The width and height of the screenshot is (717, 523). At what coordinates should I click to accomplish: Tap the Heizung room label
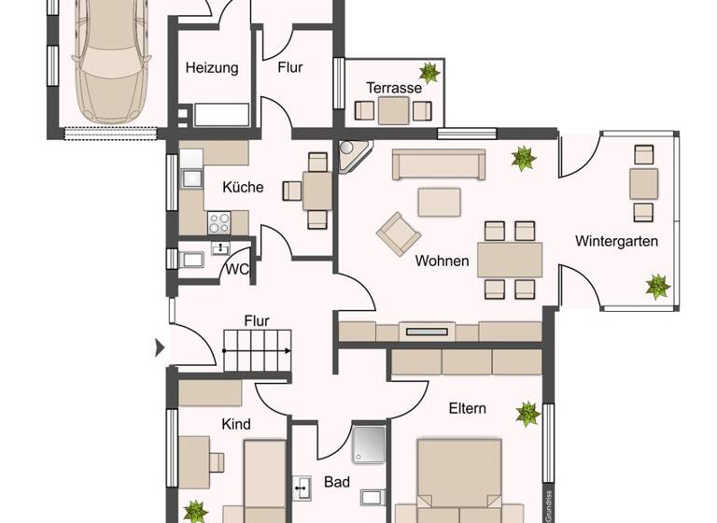(212, 67)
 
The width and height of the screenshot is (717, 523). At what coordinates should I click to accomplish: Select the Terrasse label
(393, 88)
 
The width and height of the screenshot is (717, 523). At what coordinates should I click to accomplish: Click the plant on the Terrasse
(429, 73)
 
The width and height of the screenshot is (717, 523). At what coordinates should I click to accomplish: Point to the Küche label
(243, 187)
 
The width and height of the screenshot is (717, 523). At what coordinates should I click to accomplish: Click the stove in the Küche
(219, 222)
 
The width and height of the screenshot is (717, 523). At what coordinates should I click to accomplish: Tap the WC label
(237, 270)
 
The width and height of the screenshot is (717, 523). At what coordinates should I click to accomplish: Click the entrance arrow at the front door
(160, 348)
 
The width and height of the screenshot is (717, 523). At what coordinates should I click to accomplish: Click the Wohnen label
(443, 261)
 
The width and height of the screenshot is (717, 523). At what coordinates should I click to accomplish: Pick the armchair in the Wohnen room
(398, 231)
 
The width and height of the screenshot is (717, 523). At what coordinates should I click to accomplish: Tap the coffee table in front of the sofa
(439, 202)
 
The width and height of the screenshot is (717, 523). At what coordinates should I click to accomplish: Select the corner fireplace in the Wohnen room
(354, 156)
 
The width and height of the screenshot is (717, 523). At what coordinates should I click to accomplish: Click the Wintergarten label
(616, 241)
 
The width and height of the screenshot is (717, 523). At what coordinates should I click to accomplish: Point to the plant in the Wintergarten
(658, 287)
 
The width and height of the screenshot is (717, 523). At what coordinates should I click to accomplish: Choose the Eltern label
(467, 408)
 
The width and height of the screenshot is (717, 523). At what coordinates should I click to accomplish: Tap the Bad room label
(336, 484)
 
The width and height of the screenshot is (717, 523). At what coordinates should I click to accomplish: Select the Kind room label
(236, 424)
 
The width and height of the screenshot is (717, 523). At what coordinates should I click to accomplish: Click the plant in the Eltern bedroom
(527, 414)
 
